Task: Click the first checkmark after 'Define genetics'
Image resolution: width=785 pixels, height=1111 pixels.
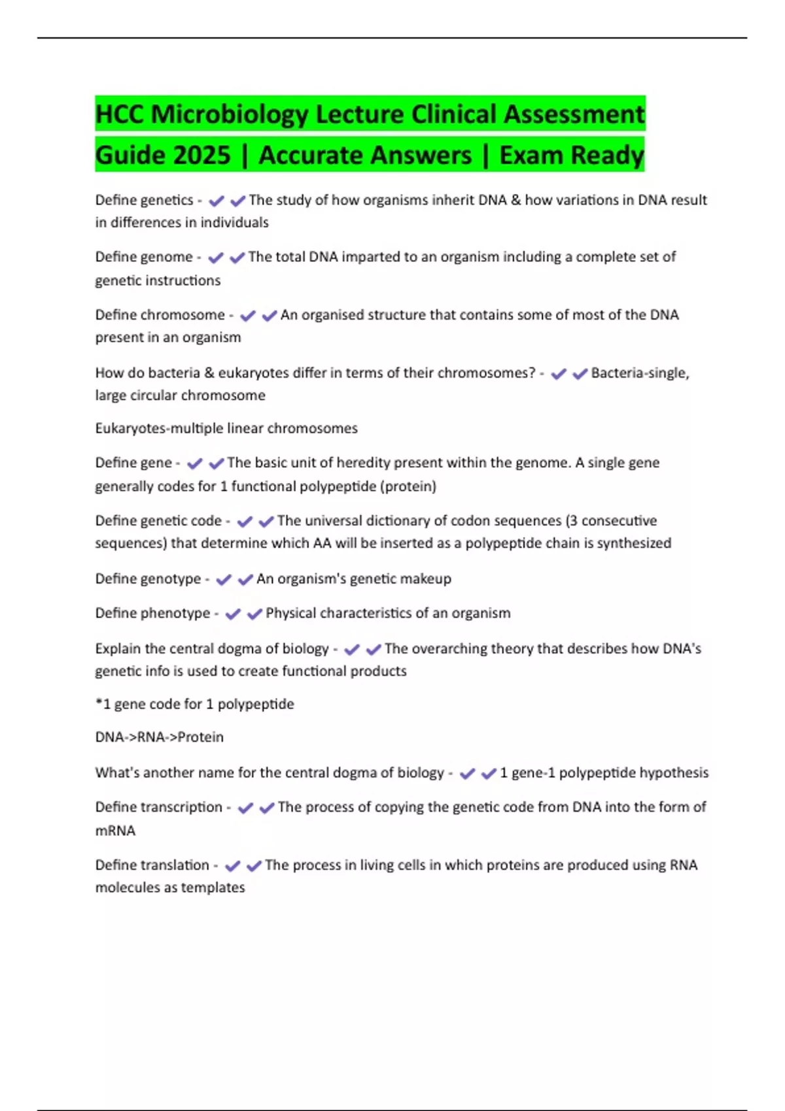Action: [x=216, y=201]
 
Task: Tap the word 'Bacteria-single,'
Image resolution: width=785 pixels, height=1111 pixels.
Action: [x=640, y=373]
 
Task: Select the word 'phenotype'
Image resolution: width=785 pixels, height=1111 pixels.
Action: [x=178, y=614]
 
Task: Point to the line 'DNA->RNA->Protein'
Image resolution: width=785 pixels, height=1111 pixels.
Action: [x=159, y=737]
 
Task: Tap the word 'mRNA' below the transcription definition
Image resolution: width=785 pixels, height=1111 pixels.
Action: [x=115, y=831]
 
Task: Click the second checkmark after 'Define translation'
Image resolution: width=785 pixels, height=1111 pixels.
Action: [x=254, y=866]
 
